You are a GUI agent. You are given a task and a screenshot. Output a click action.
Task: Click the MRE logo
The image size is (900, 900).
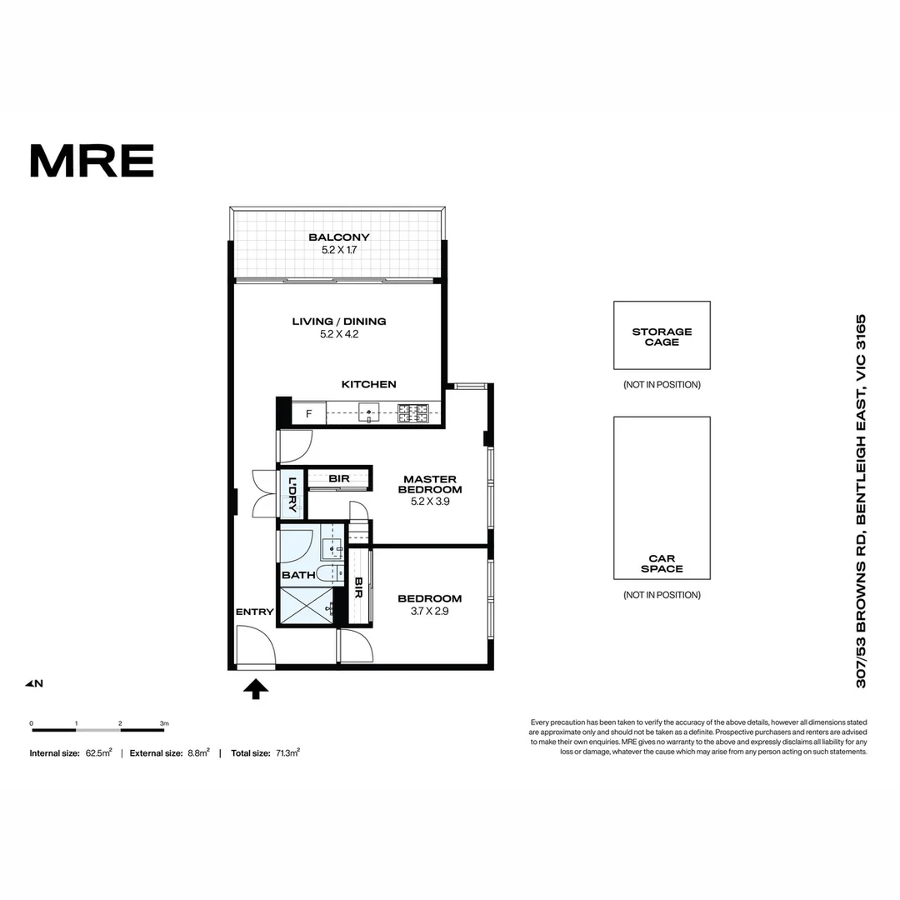[92, 161]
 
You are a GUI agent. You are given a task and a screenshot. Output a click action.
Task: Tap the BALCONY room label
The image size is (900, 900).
[338, 237]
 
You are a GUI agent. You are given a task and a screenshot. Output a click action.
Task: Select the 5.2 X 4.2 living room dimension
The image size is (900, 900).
[338, 334]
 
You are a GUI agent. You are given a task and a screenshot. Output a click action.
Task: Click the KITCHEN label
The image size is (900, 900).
[368, 384]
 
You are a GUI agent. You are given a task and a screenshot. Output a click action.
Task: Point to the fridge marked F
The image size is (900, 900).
[308, 413]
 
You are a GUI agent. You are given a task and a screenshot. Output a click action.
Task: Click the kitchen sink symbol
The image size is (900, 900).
[368, 412]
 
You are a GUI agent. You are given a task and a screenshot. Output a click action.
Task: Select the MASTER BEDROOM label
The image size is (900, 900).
[430, 484]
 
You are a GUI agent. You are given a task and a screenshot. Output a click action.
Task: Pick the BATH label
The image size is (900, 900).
[298, 575]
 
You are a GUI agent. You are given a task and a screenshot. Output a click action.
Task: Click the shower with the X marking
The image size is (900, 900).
[305, 607]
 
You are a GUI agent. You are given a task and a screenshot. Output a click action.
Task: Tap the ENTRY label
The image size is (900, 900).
[254, 612]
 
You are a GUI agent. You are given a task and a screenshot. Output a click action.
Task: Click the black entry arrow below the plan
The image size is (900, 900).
[256, 688]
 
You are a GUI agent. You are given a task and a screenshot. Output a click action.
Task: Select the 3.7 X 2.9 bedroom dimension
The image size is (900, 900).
[429, 611]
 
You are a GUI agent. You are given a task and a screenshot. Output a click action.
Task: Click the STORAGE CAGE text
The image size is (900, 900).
[662, 337]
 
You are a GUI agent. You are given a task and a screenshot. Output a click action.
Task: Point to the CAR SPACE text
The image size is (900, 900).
[662, 563]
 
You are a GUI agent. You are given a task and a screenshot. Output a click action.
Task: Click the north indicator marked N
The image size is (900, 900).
[34, 684]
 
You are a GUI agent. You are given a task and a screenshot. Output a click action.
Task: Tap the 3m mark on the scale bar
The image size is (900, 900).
[164, 723]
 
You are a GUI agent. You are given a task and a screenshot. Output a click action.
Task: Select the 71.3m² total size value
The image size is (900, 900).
[287, 752]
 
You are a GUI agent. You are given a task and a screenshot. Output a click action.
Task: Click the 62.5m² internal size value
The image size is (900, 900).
[98, 752]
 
